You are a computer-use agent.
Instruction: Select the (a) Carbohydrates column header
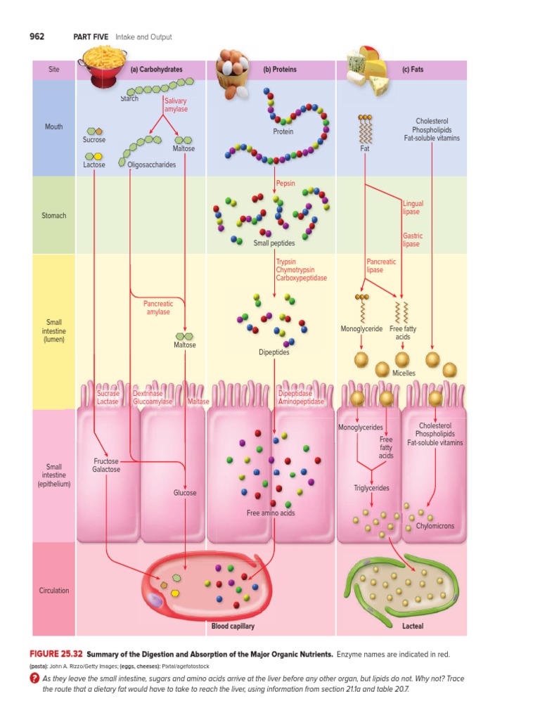[156, 70]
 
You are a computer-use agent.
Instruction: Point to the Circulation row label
[54, 590]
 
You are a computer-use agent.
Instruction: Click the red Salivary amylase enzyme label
[176, 105]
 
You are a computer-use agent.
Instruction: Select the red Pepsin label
[285, 183]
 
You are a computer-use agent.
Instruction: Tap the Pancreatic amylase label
[158, 307]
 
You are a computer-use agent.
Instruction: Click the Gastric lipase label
[412, 240]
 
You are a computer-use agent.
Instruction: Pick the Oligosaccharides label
[151, 165]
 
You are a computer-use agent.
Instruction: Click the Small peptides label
[274, 243]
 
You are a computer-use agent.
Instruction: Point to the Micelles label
[404, 373]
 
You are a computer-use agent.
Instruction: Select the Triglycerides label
[371, 487]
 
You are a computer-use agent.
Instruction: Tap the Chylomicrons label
[435, 525]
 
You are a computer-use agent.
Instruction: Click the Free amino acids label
[271, 513]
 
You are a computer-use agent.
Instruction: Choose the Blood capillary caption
[233, 626]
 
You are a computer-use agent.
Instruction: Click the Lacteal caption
[412, 626]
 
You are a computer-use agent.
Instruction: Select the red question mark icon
[33, 679]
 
